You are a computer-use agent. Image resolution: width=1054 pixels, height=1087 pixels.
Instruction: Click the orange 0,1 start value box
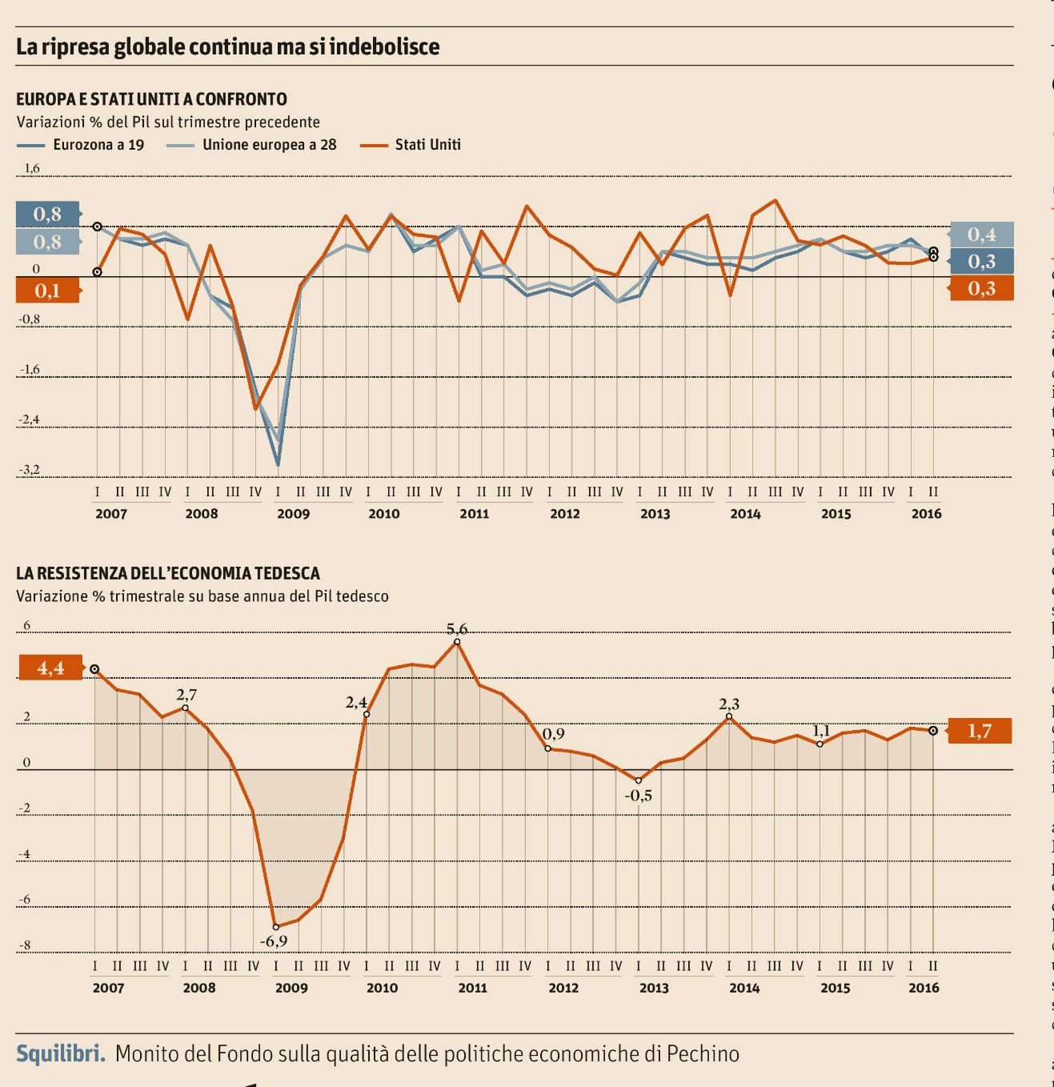(48, 291)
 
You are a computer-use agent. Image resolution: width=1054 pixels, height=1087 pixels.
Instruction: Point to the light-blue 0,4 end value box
(981, 235)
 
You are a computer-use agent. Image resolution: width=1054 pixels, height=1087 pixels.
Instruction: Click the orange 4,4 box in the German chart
(50, 668)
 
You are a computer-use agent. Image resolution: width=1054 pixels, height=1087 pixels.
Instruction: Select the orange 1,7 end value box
(980, 731)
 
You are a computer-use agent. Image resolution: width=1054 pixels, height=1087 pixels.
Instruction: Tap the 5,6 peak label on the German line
(457, 629)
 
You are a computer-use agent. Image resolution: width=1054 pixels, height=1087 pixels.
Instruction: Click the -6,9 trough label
(274, 941)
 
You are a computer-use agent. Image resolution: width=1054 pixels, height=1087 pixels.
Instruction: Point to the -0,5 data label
(639, 796)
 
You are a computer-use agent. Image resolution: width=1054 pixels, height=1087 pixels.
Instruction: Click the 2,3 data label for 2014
(729, 704)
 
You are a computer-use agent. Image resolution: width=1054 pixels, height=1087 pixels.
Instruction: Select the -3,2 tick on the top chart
(30, 470)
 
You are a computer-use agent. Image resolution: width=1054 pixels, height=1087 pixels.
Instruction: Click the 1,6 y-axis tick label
(31, 168)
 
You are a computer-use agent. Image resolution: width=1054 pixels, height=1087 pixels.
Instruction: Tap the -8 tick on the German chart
(24, 945)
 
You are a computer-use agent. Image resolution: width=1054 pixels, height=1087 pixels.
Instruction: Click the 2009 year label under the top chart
(293, 514)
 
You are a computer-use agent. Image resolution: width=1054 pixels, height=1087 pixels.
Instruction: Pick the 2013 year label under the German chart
(654, 988)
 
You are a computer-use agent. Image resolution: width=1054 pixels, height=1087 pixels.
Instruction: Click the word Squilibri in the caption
(61, 1053)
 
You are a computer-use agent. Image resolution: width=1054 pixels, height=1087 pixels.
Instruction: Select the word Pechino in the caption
(703, 1053)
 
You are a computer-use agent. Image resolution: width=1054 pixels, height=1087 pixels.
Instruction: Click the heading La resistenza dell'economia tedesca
(168, 573)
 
